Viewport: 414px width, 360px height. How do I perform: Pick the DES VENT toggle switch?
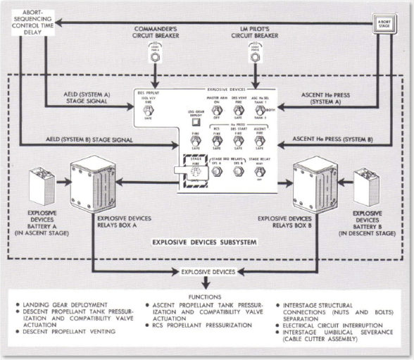tap(239, 110)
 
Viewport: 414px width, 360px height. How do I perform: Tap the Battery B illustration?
tap(366, 185)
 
